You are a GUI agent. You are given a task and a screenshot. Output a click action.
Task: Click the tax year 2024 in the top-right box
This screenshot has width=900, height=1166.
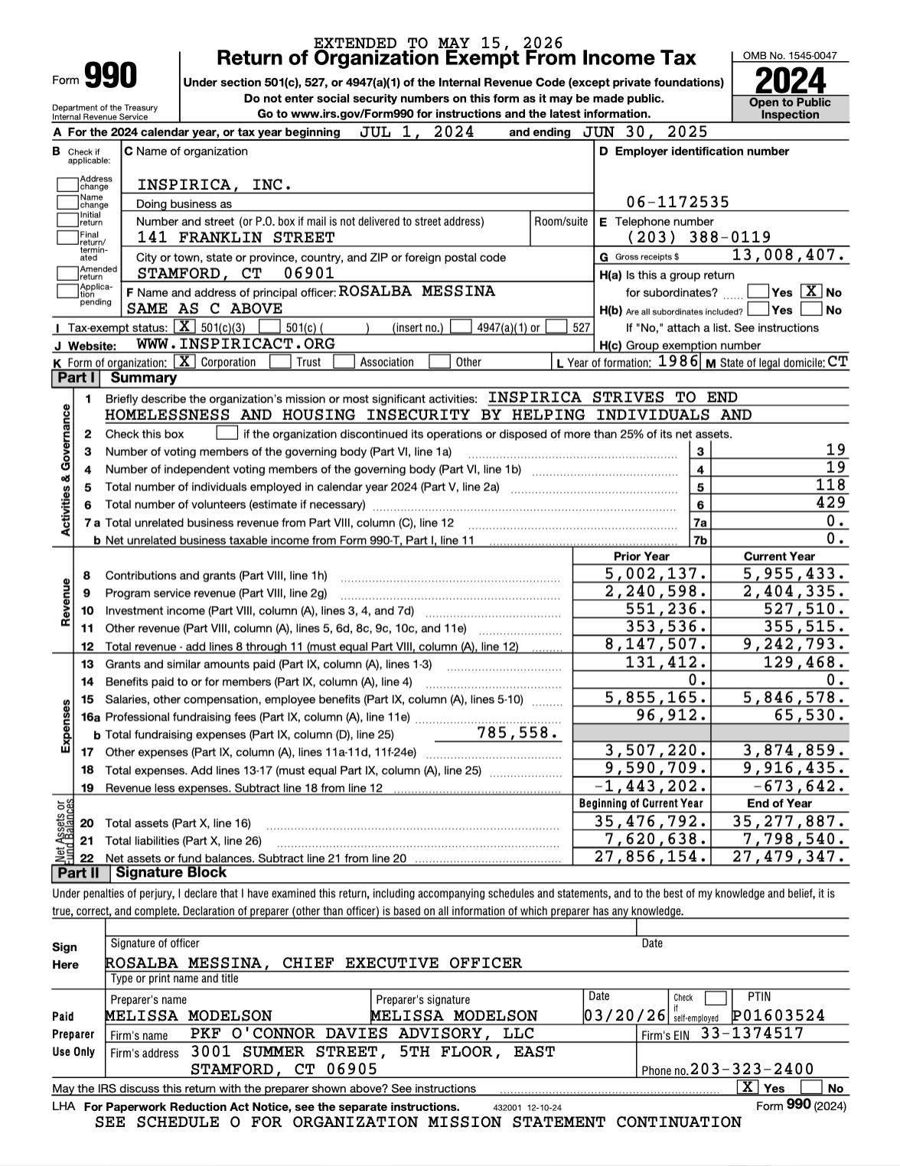click(x=790, y=81)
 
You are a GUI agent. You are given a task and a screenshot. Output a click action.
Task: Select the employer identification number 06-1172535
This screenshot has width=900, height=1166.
click(x=677, y=202)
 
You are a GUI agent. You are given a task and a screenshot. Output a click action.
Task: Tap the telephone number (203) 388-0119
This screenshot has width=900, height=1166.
click(x=699, y=237)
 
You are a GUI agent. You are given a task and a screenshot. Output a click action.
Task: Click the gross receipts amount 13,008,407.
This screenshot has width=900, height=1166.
click(x=789, y=256)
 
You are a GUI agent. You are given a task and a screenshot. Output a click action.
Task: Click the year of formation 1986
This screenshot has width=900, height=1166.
click(x=678, y=362)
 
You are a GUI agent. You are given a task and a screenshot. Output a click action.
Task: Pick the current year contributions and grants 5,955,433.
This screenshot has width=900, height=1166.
click(x=794, y=574)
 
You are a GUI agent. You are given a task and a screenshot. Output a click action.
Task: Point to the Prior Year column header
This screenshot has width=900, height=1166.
click(x=641, y=556)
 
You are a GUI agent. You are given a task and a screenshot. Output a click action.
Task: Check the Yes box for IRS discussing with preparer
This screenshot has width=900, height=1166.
click(x=747, y=1087)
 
